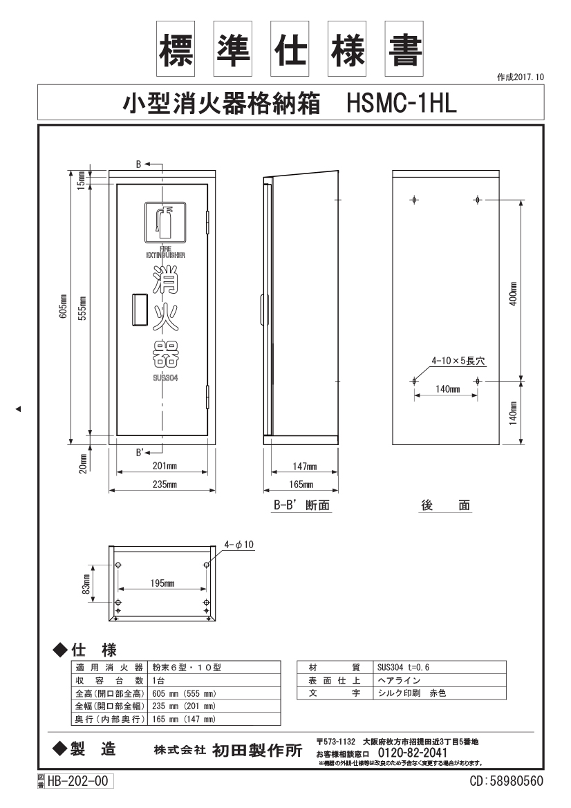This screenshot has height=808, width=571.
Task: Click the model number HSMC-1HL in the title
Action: tap(402, 102)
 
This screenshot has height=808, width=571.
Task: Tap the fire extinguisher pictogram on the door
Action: tap(165, 222)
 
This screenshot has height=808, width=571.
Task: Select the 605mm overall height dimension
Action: tap(64, 306)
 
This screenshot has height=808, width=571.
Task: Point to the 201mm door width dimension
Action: tap(165, 466)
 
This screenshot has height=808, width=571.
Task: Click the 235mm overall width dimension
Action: tap(165, 485)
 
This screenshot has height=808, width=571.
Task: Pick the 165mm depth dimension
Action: tap(301, 485)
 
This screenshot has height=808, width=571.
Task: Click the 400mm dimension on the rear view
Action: tap(514, 294)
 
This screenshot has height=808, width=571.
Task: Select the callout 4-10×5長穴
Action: tap(458, 361)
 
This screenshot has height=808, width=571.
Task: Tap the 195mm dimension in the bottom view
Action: tap(162, 583)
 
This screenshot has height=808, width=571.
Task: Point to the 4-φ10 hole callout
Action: tap(239, 545)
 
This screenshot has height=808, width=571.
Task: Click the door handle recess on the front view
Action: tap(140, 310)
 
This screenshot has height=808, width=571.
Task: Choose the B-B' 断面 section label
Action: tap(301, 505)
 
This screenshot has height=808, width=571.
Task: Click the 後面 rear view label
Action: tap(445, 505)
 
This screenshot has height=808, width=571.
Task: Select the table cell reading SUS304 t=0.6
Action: tap(404, 667)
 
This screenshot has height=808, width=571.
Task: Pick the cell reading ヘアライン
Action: tap(399, 680)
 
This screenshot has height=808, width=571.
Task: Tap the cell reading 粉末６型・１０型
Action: tap(187, 667)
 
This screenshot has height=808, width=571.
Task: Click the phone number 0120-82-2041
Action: tap(413, 752)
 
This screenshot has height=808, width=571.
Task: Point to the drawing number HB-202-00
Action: tap(78, 781)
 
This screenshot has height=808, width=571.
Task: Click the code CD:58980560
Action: tap(506, 781)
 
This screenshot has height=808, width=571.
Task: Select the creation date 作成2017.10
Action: tap(521, 77)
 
